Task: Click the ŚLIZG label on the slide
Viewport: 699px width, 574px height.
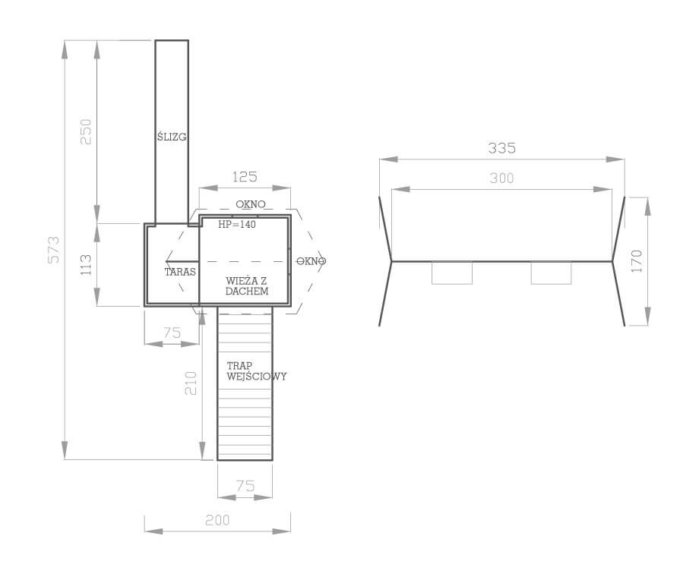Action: (x=172, y=137)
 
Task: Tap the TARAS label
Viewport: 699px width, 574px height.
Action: (x=180, y=272)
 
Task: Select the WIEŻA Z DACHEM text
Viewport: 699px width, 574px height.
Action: (x=247, y=286)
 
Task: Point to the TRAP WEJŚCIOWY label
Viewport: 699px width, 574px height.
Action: (x=256, y=371)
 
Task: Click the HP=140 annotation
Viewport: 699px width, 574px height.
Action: (x=237, y=224)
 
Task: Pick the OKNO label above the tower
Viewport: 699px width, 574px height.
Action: (x=251, y=204)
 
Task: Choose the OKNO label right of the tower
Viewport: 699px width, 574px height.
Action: (x=312, y=261)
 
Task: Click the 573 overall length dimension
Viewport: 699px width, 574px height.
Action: (x=53, y=250)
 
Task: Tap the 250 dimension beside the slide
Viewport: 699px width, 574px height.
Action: (x=86, y=131)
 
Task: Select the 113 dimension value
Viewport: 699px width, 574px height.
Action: (x=86, y=265)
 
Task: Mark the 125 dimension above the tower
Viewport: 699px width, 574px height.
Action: (x=245, y=177)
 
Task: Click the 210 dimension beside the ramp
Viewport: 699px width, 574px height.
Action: (x=191, y=383)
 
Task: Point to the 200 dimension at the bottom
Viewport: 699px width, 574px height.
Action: (x=217, y=520)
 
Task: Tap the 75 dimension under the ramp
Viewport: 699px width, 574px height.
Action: (x=245, y=486)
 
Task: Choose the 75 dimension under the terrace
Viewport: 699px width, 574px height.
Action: (x=172, y=333)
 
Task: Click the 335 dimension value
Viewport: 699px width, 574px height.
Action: (x=502, y=148)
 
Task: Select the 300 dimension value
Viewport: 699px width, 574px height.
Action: (x=502, y=178)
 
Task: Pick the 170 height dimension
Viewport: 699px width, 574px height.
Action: (x=637, y=261)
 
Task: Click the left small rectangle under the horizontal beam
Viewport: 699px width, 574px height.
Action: (x=452, y=273)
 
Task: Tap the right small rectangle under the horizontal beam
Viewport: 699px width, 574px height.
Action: (x=551, y=273)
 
